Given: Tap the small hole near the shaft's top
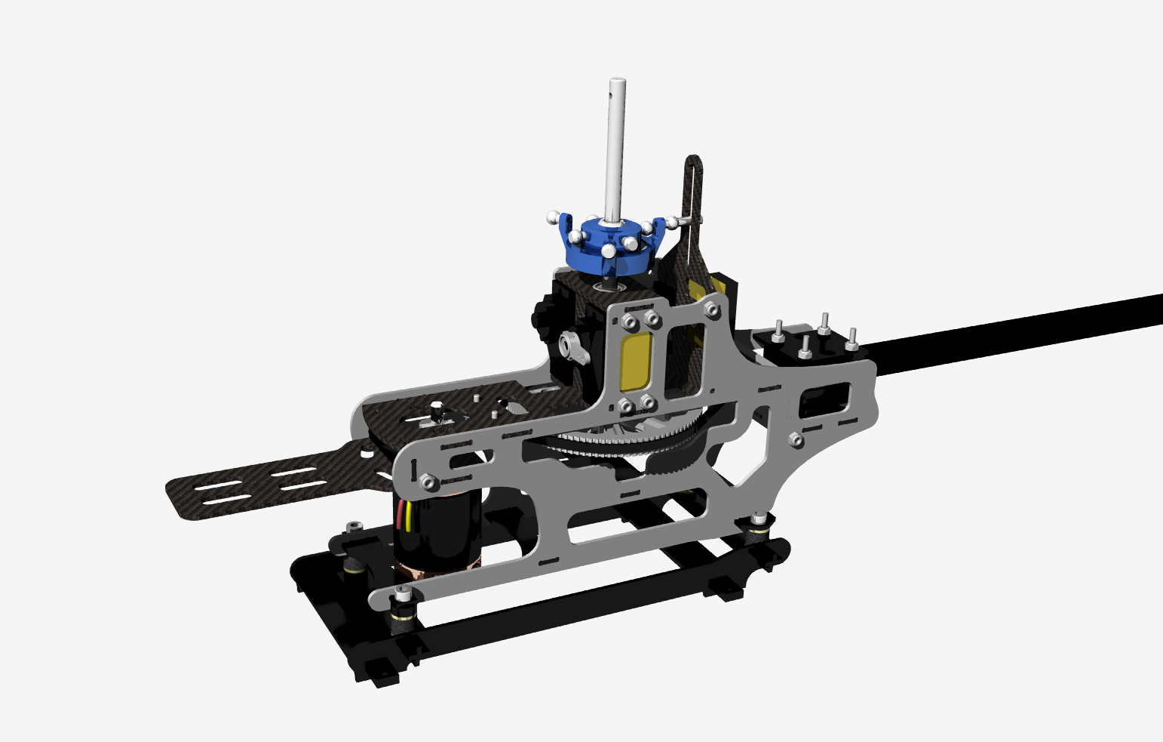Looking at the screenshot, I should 615,94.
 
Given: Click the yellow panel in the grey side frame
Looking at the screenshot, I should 636,362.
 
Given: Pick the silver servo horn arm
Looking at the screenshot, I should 572,347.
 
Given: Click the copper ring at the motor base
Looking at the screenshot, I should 437,571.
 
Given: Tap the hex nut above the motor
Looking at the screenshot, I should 427,480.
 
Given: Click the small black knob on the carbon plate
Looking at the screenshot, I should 436,412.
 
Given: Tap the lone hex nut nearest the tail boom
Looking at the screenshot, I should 796,439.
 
